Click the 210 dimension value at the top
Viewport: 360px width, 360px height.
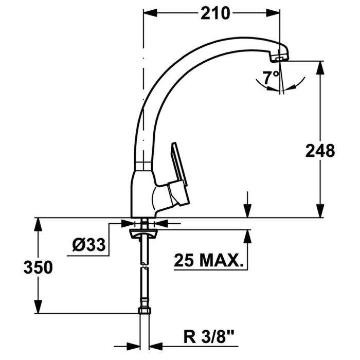point(215,13)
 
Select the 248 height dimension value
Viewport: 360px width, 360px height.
point(319,151)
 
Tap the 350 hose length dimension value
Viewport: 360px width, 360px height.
point(37,268)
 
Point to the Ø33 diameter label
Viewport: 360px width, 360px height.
point(88,246)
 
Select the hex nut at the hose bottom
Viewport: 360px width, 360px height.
point(144,312)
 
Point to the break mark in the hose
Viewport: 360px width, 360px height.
point(145,267)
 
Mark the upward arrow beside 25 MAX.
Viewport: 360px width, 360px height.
point(248,236)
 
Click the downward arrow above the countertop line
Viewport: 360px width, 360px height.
point(248,211)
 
